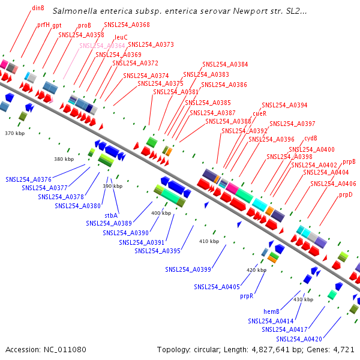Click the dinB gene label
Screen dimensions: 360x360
(38, 8)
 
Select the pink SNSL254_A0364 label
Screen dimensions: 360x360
(102, 46)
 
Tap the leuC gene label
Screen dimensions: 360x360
(121, 37)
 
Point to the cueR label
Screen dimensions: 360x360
(259, 113)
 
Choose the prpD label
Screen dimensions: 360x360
(346, 195)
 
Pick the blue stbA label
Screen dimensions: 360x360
(111, 215)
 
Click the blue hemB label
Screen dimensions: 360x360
(272, 311)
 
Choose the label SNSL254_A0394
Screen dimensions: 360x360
(284, 105)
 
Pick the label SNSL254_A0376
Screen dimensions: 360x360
(29, 179)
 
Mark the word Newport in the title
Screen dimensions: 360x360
(226, 11)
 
